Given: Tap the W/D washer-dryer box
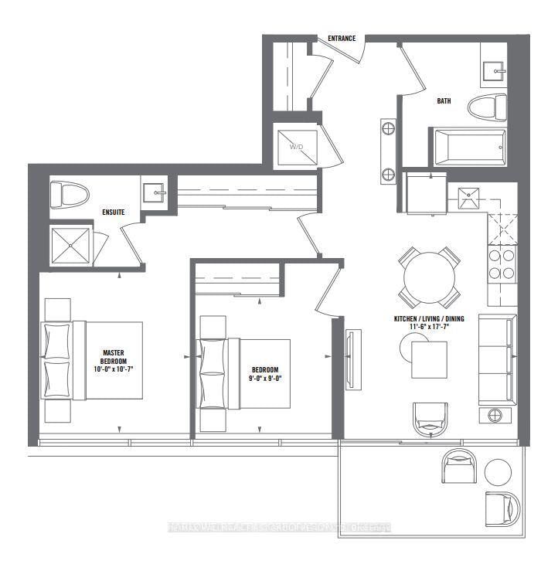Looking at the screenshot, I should (x=298, y=146).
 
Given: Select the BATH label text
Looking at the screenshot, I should (x=444, y=100).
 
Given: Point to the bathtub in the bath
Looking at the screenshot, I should (x=469, y=147).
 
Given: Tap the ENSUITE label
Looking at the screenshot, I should (x=113, y=212).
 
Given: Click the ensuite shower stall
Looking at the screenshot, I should (x=71, y=246).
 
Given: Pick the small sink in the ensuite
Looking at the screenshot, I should (x=155, y=192).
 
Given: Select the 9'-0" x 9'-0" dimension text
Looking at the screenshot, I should (x=264, y=379).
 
